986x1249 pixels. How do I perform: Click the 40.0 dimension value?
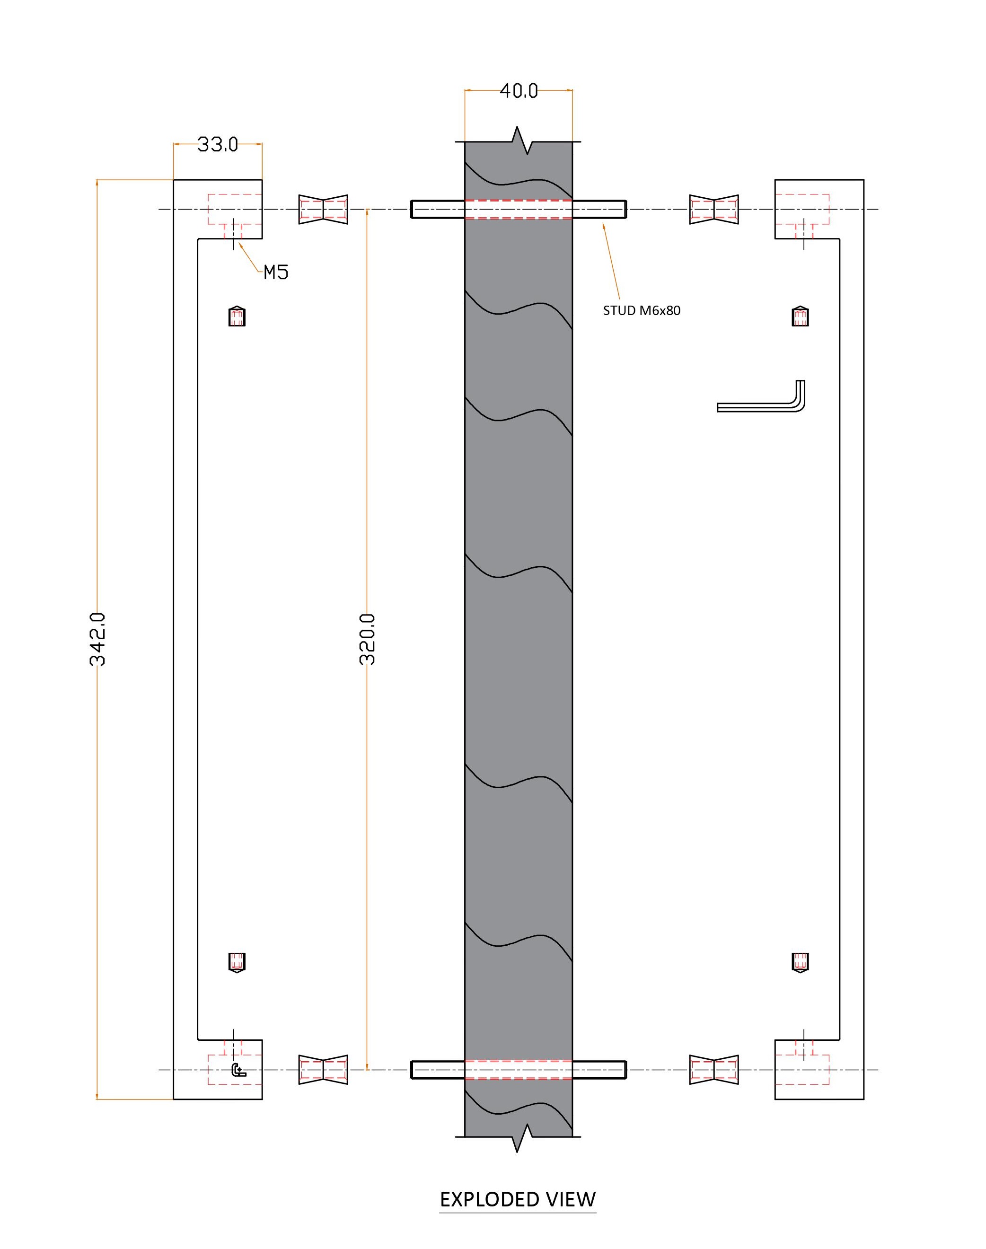click(519, 91)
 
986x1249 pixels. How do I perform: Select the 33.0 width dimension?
click(218, 144)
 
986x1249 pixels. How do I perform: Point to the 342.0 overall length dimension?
click(98, 640)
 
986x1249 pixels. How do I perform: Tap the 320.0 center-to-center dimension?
click(367, 640)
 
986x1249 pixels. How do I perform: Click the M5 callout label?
click(276, 273)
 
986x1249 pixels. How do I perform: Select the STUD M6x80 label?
click(642, 310)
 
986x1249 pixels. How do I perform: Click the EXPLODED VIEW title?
click(518, 1200)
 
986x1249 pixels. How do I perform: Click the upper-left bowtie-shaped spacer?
click(323, 209)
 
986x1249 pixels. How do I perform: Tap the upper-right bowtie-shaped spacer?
click(714, 209)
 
